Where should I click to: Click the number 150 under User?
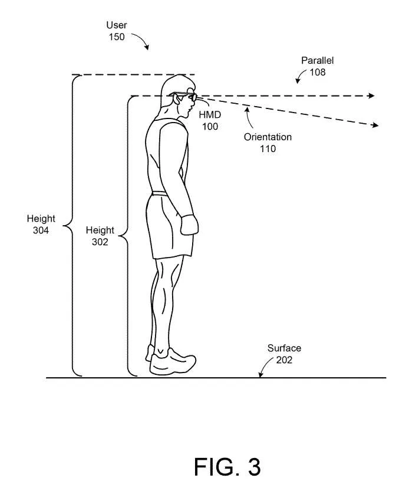pyautogui.click(x=117, y=37)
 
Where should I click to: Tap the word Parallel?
pyautogui.click(x=317, y=60)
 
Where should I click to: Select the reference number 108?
pyautogui.click(x=318, y=72)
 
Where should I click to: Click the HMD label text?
pyautogui.click(x=210, y=115)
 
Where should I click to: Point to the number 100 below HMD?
pyautogui.click(x=210, y=127)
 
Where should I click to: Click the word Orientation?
pyautogui.click(x=268, y=137)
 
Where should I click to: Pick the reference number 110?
pyautogui.click(x=268, y=149)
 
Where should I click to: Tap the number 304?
pyautogui.click(x=41, y=230)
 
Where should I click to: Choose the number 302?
pyautogui.click(x=100, y=242)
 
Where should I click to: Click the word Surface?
pyautogui.click(x=284, y=348)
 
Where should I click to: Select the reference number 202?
pyautogui.click(x=284, y=360)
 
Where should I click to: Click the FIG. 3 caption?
pyautogui.click(x=227, y=467)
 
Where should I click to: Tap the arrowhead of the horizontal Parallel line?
pyautogui.click(x=371, y=95)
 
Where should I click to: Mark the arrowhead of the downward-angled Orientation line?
pyautogui.click(x=375, y=125)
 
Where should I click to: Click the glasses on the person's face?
pyautogui.click(x=184, y=96)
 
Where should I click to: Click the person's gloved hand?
pyautogui.click(x=189, y=225)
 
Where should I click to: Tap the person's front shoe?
pyautogui.click(x=173, y=362)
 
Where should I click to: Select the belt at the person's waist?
pyautogui.click(x=160, y=193)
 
